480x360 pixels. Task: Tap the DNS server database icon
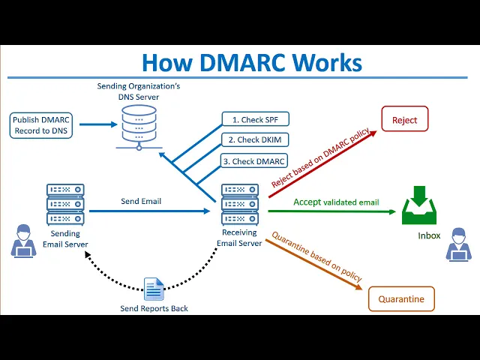(x=139, y=124)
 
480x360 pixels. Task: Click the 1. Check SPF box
(x=256, y=119)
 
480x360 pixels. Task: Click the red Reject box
(x=405, y=120)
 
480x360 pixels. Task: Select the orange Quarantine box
(x=401, y=298)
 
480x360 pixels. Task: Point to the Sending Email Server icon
(x=65, y=205)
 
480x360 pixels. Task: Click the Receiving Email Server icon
(x=241, y=205)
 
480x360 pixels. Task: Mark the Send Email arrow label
(x=141, y=201)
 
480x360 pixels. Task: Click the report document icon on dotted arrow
(x=154, y=289)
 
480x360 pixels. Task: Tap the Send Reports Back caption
(x=154, y=308)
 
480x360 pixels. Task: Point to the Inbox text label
(x=429, y=235)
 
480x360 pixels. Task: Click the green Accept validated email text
(x=336, y=202)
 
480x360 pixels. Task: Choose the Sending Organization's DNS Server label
(x=139, y=91)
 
